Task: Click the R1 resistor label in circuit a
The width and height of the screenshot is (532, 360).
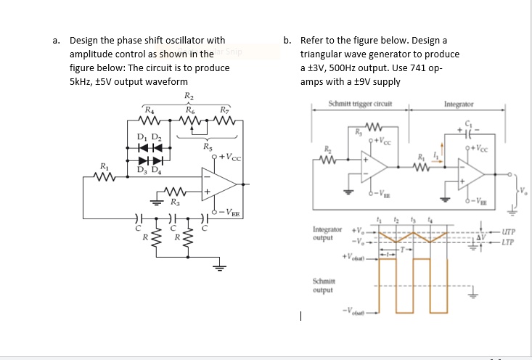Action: coord(106,168)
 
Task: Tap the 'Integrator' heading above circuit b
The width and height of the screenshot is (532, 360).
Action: coord(458,105)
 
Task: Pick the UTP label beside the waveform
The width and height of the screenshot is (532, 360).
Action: coord(508,232)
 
